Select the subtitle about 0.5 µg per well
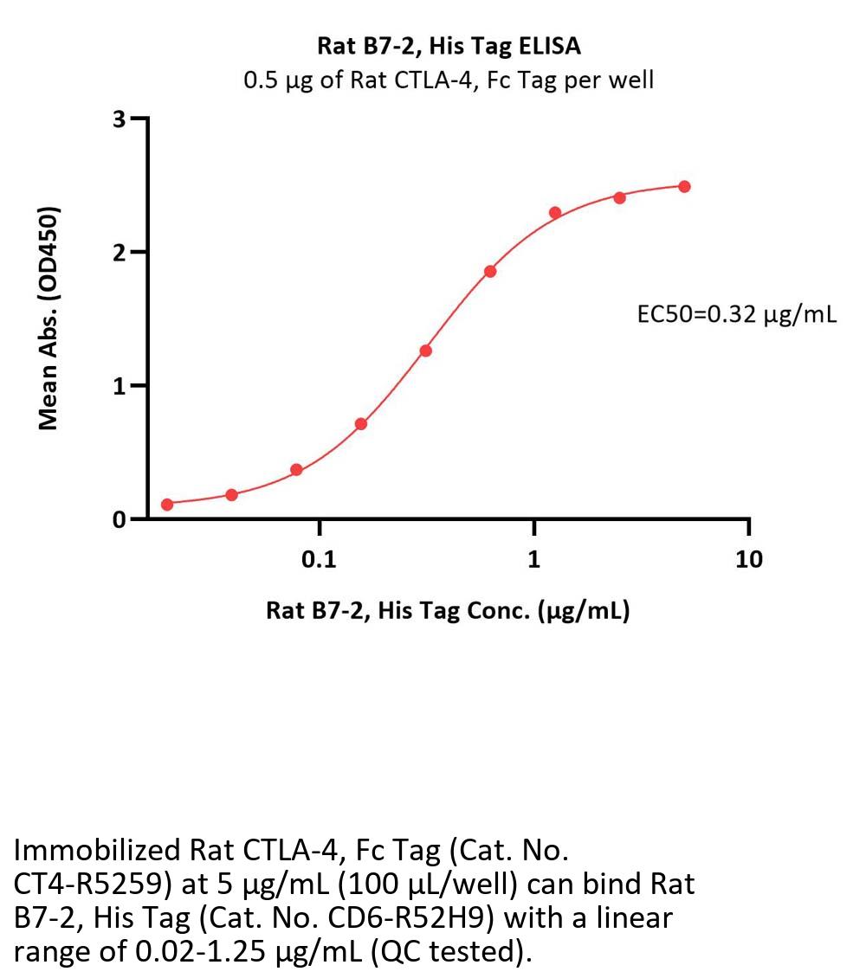click(448, 81)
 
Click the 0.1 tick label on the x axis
click(320, 560)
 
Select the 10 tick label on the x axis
click(749, 560)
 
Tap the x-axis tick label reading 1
click(534, 560)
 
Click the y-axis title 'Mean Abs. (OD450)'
click(49, 318)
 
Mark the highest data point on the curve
click(684, 186)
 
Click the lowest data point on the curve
click(167, 504)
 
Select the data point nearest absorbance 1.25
click(425, 351)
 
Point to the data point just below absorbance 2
click(490, 271)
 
